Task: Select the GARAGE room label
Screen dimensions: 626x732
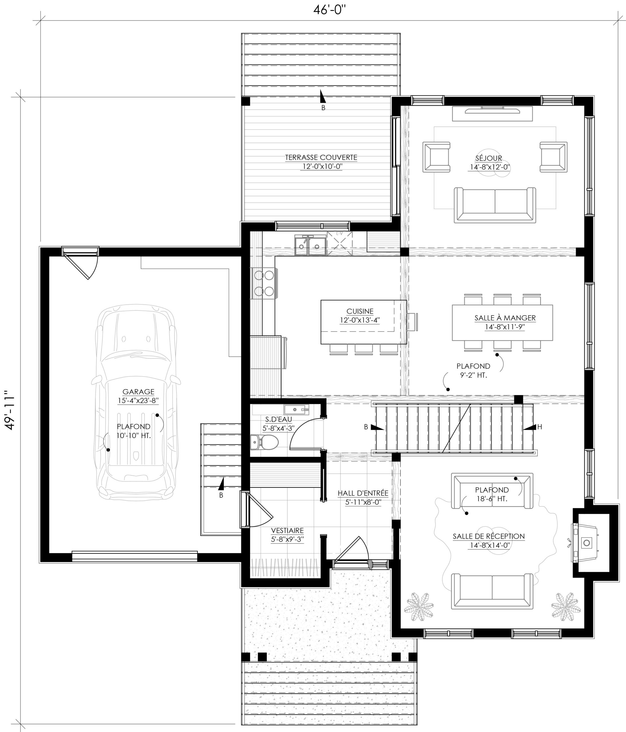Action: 138,392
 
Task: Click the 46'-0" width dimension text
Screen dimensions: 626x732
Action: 329,9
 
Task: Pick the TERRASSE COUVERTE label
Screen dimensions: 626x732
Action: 321,158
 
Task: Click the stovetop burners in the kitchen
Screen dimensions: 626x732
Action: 264,283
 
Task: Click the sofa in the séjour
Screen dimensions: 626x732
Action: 495,205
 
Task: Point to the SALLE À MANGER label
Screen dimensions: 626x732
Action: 505,318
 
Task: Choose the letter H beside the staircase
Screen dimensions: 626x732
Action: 539,427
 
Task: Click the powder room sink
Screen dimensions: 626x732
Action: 296,410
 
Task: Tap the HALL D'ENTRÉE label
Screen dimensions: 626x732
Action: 363,493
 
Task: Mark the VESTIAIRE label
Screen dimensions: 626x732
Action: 287,531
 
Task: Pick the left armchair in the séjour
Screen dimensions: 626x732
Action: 436,157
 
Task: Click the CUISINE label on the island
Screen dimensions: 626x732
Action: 360,311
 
